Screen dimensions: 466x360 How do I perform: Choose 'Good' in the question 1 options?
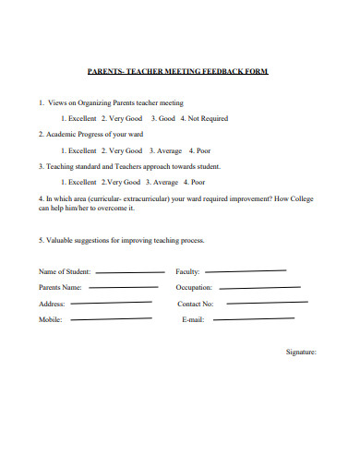coord(166,118)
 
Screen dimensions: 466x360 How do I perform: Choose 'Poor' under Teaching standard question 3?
coord(195,183)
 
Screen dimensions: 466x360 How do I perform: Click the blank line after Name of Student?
coord(131,272)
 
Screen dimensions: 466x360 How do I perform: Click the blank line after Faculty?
coord(246,271)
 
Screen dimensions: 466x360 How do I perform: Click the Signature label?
coord(302,352)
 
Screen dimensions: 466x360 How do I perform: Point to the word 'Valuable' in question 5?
coord(61,240)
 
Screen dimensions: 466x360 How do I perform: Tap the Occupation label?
coord(193,288)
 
